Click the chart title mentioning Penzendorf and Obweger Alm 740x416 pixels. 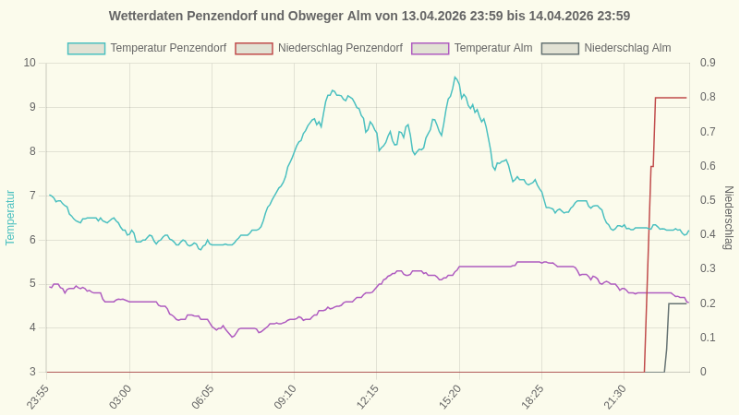pos(370,16)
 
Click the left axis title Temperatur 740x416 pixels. pos(10,218)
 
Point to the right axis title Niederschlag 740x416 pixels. pos(728,218)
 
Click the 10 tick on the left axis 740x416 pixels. pos(30,63)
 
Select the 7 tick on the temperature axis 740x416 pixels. pos(32,196)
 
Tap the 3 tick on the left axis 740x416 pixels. pos(32,372)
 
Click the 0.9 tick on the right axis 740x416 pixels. pos(708,63)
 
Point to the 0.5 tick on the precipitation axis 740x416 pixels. pos(708,200)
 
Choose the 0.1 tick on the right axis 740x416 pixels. pos(708,338)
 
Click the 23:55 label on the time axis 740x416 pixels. pos(38,397)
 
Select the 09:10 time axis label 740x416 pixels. pos(285,397)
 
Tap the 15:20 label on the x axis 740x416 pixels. pos(450,397)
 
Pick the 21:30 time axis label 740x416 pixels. pos(615,397)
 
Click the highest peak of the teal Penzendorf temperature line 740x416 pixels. pos(455,77)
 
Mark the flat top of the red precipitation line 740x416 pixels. pos(671,98)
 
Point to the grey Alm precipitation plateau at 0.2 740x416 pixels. pos(678,303)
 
